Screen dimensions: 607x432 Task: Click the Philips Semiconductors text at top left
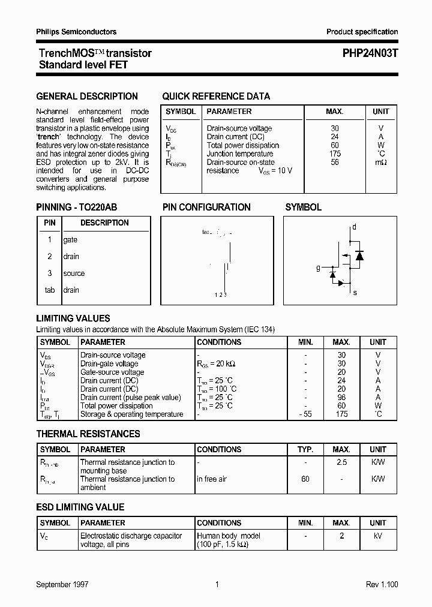point(76,32)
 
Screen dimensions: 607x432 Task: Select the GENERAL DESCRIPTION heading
point(87,96)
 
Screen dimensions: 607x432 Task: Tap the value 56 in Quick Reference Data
point(335,162)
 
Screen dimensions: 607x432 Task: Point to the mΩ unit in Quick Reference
point(380,162)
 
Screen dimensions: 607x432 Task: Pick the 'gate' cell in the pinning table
point(70,240)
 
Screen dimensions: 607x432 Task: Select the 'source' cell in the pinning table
point(74,274)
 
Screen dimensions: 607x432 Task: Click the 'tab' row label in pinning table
point(49,290)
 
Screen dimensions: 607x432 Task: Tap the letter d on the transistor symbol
point(354,227)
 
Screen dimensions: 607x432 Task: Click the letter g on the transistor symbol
point(318,268)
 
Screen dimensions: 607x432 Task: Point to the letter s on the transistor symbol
point(355,292)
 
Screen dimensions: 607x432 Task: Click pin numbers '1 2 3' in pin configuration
point(221,295)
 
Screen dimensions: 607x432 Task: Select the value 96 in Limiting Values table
point(341,398)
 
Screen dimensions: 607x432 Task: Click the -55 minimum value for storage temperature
point(305,414)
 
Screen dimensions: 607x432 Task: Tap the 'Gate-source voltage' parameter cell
point(112,372)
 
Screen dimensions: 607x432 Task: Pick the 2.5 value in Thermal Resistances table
point(341,462)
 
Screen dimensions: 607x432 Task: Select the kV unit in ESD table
point(378,536)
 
